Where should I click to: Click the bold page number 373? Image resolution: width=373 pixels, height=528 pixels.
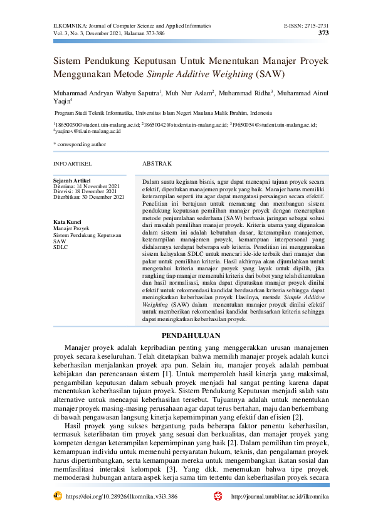pyautogui.click(x=323, y=33)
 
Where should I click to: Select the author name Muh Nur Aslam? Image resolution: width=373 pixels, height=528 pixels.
pyautogui.click(x=189, y=93)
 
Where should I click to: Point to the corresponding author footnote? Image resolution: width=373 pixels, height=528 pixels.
pyautogui.click(x=80, y=145)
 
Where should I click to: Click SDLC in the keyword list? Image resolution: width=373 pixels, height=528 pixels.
pyautogui.click(x=60, y=246)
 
